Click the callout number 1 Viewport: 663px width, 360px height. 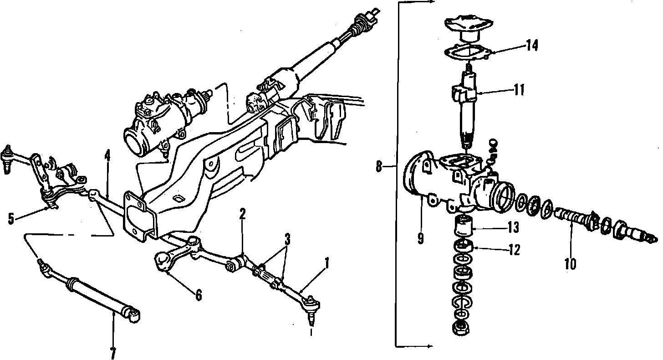[x=326, y=262]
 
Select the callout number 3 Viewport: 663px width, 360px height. [x=287, y=238]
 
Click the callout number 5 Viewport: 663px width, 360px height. [x=11, y=219]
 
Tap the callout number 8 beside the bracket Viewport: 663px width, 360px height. [x=379, y=167]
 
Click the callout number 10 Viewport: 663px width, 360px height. [x=570, y=263]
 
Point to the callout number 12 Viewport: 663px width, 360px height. [x=514, y=250]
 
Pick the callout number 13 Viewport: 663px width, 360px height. [x=514, y=226]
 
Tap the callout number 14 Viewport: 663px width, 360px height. [x=532, y=46]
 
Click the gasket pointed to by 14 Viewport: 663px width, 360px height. [x=464, y=53]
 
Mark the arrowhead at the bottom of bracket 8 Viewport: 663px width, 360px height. [x=431, y=346]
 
